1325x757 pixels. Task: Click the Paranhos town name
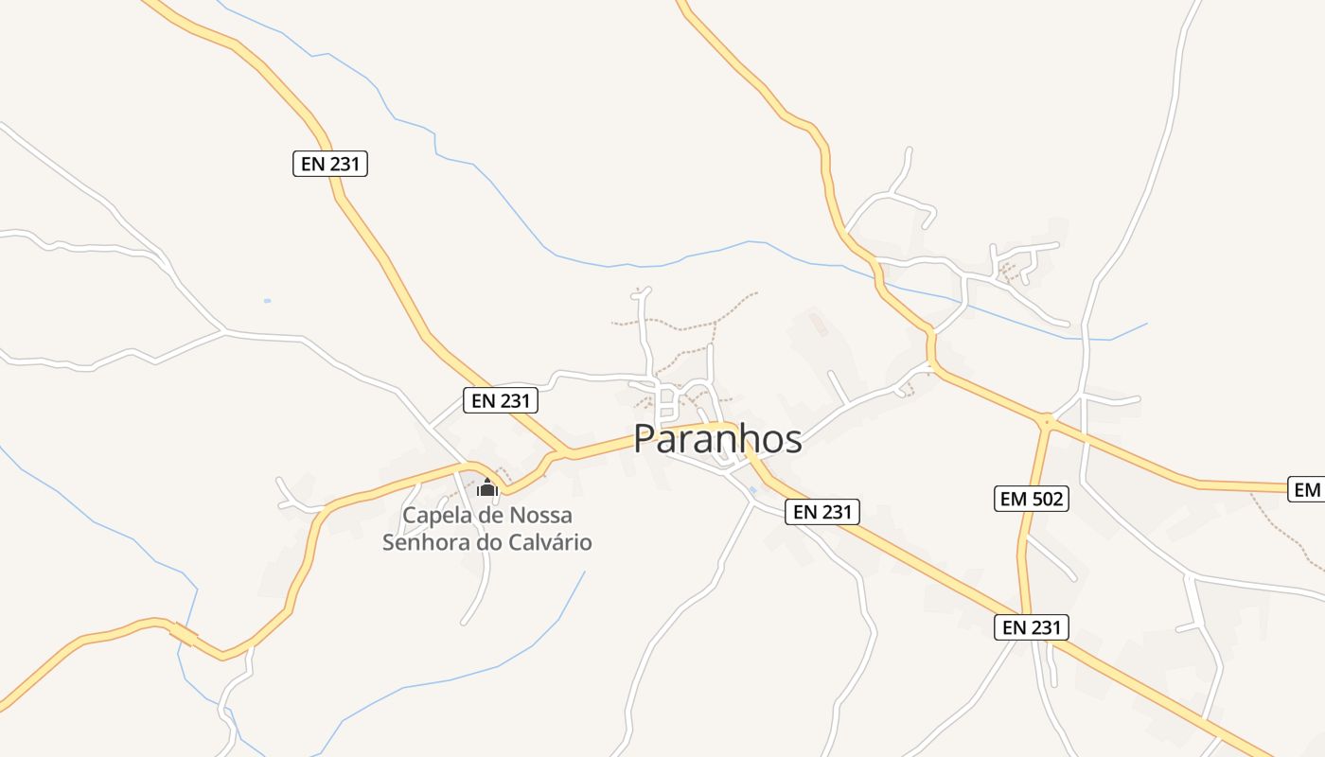point(717,439)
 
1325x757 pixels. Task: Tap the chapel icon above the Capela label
point(487,488)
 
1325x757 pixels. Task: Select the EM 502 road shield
point(1031,499)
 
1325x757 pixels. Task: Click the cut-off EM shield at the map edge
point(1307,489)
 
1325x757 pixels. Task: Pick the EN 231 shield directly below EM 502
point(1031,626)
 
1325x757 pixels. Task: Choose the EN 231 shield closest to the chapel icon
point(501,400)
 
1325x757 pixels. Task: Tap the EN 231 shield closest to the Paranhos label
point(822,512)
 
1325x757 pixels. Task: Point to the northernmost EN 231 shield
point(329,164)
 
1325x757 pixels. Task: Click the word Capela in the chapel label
point(439,516)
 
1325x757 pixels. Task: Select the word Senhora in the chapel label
point(424,542)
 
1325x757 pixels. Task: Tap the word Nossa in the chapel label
point(540,516)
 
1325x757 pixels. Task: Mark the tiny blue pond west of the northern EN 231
point(267,301)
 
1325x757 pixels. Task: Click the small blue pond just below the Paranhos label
point(752,489)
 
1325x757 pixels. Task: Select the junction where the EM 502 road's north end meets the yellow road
point(1047,419)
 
